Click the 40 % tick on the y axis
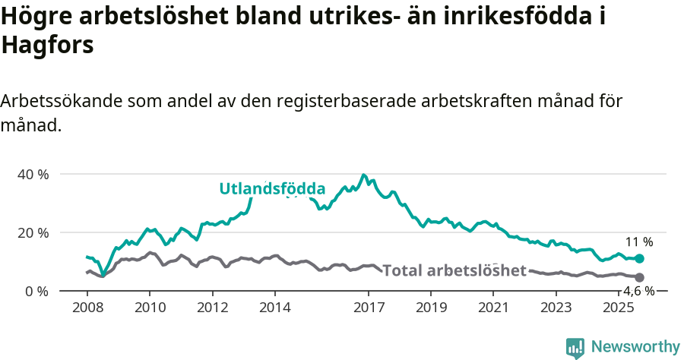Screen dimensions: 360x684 click(33, 174)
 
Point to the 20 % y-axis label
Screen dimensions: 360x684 click(33, 232)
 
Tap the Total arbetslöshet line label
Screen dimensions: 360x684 click(454, 270)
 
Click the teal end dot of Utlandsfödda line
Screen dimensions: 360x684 click(640, 259)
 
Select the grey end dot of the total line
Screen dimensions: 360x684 click(640, 278)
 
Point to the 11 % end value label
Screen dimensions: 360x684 click(639, 242)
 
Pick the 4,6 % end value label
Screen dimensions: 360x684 click(639, 291)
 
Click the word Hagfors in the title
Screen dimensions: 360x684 click(47, 45)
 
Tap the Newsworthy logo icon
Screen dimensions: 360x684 click(575, 348)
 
